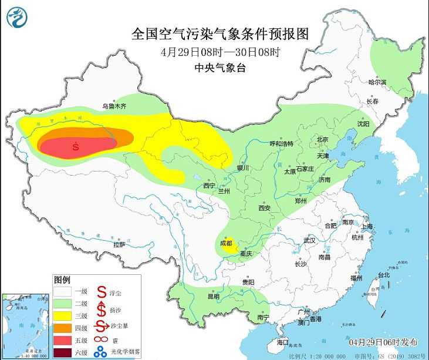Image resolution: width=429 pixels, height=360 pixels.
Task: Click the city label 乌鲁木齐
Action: coord(114,106)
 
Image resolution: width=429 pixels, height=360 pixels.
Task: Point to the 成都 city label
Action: coord(226,243)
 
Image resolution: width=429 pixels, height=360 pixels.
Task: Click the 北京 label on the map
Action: coord(322,140)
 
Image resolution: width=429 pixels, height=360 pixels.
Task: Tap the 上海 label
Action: coord(367,226)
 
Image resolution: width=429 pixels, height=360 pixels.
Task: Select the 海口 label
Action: coord(282,342)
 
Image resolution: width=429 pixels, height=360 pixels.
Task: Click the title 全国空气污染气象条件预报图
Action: coord(219,33)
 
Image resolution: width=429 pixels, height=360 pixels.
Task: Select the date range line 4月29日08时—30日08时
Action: coord(219,52)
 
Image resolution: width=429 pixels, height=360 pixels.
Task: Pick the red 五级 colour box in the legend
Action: coord(62,339)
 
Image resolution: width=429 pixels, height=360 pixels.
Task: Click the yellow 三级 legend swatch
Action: coord(62,315)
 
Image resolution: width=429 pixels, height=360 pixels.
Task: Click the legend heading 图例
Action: coord(62,279)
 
